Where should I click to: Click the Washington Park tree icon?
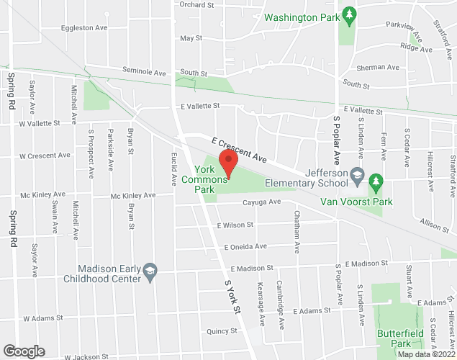pyautogui.click(x=349, y=14)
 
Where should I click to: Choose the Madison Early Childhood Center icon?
pyautogui.click(x=150, y=271)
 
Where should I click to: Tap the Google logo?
pyautogui.click(x=23, y=351)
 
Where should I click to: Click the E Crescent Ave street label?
pyautogui.click(x=239, y=150)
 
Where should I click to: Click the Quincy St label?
pyautogui.click(x=222, y=331)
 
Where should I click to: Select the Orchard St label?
pyautogui.click(x=197, y=4)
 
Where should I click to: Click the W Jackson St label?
pyautogui.click(x=86, y=356)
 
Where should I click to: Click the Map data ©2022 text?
pyautogui.click(x=426, y=354)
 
